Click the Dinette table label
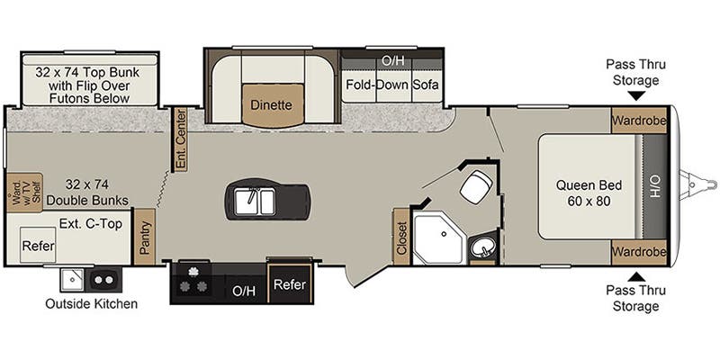(271, 104)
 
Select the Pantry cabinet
(144, 237)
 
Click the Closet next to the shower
(401, 237)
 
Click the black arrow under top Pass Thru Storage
(636, 95)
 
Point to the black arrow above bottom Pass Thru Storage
(636, 275)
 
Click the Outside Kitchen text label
(92, 303)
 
